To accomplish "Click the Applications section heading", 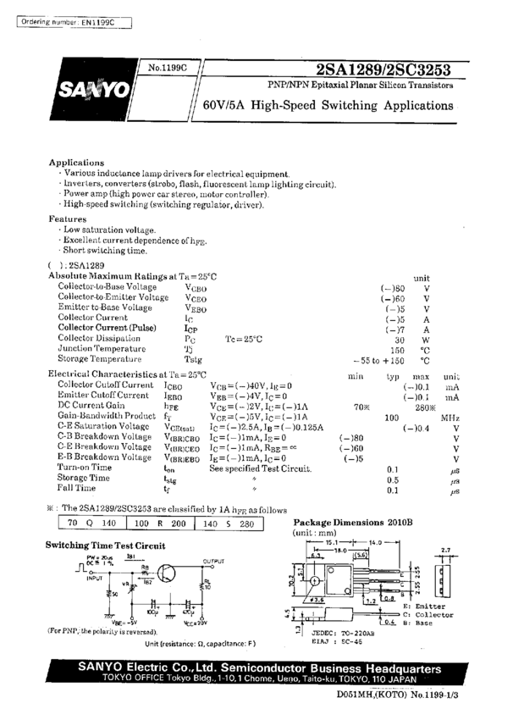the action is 76,162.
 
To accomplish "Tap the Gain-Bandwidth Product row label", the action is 107,417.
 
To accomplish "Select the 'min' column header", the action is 356,374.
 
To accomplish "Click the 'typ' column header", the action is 393,374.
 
